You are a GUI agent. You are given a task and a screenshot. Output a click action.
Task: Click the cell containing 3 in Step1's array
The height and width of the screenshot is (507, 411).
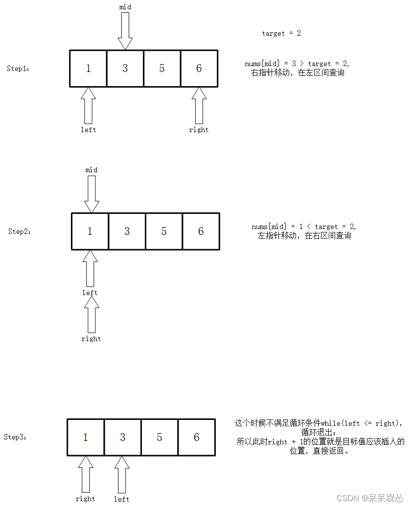(x=125, y=69)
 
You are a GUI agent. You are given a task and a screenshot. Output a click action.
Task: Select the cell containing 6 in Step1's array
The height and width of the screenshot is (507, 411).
(x=199, y=69)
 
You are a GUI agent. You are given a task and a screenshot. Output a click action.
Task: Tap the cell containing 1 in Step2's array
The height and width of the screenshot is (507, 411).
(x=90, y=231)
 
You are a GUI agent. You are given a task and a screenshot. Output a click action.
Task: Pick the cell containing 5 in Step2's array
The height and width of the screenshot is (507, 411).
(x=164, y=231)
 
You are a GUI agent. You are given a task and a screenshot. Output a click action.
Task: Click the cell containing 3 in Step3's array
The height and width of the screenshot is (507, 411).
(x=123, y=437)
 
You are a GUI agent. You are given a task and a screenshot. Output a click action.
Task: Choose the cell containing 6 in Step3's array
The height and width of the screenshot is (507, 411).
(x=197, y=437)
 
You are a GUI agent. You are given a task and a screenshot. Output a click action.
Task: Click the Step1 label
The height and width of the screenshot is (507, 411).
(x=18, y=69)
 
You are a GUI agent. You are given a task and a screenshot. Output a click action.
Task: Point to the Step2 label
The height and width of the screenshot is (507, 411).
(x=20, y=231)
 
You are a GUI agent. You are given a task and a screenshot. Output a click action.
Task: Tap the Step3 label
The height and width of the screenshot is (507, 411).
(x=15, y=437)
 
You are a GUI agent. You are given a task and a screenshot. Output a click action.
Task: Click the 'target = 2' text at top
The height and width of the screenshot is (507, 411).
(x=281, y=33)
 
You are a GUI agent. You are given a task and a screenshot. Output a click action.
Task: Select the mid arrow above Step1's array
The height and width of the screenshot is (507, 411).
(x=125, y=31)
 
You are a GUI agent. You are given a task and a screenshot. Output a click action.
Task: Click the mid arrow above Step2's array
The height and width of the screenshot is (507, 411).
(x=91, y=194)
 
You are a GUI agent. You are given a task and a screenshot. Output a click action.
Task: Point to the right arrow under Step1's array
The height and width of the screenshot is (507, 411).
(x=199, y=105)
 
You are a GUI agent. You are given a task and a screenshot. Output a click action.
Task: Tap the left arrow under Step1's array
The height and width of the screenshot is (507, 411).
(x=88, y=105)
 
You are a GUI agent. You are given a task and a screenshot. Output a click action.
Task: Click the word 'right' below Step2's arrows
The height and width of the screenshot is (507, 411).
(x=91, y=339)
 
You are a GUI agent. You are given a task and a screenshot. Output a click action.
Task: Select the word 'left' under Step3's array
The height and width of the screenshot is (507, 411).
(x=121, y=499)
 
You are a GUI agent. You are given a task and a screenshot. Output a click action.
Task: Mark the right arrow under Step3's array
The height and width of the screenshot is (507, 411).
(x=85, y=474)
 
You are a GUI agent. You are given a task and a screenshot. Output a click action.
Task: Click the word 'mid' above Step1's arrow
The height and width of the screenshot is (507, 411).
(x=125, y=7)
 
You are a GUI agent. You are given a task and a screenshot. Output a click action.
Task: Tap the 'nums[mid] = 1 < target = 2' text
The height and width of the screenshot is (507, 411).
(x=304, y=227)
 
